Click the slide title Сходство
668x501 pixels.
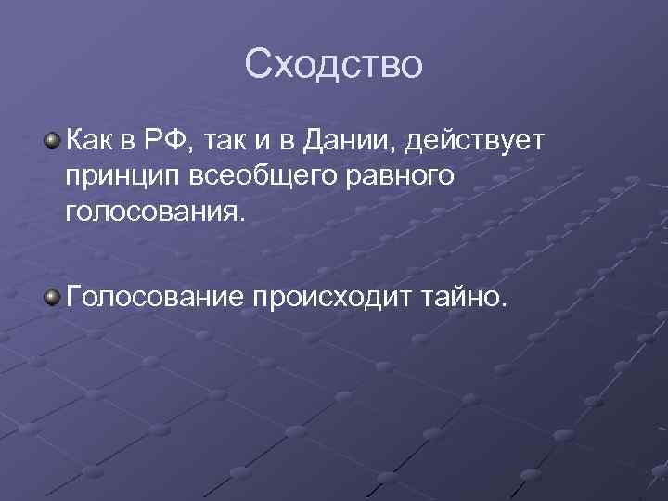tap(334, 65)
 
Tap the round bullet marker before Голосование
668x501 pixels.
tap(55, 296)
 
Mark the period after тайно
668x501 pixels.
tap(505, 303)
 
